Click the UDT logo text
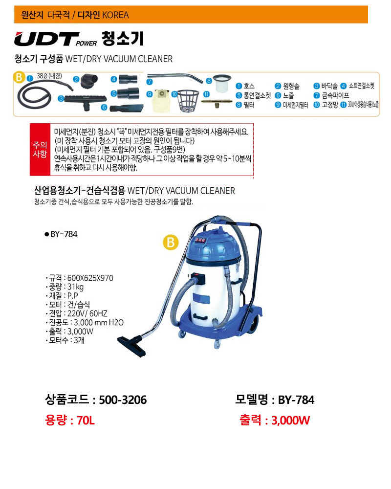click(47, 39)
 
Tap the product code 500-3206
click(123, 400)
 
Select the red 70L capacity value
click(86, 421)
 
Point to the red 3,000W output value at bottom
click(291, 421)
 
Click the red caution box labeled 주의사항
click(40, 149)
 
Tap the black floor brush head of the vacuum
click(132, 345)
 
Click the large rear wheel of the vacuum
click(253, 324)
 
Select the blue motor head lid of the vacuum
click(213, 246)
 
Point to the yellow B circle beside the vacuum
click(171, 243)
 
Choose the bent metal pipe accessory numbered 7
click(175, 77)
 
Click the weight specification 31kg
click(75, 287)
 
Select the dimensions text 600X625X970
click(90, 278)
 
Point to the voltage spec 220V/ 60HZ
click(87, 313)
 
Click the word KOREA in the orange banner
click(115, 15)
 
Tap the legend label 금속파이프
click(335, 95)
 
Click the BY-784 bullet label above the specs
click(61, 234)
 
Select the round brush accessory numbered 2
click(89, 81)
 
